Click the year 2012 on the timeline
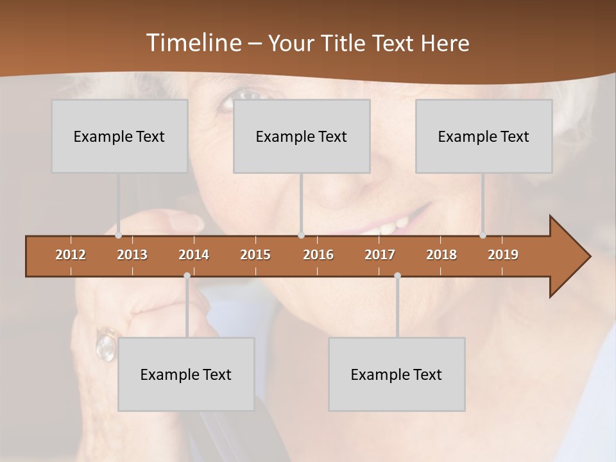[x=71, y=255]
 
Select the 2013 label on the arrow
[x=132, y=255]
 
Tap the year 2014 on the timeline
[x=194, y=255]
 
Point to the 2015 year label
[x=255, y=255]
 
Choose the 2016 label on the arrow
[x=318, y=255]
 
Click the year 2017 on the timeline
[x=380, y=255]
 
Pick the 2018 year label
[x=441, y=255]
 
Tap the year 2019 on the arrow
[x=503, y=255]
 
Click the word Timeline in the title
[x=193, y=43]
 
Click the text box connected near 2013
[x=119, y=136]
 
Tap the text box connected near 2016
[x=302, y=136]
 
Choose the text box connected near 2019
[x=484, y=136]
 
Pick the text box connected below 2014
[x=186, y=374]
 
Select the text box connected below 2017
[x=397, y=374]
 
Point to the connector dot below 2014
[x=187, y=276]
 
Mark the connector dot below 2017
[x=397, y=276]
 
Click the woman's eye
[x=247, y=96]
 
